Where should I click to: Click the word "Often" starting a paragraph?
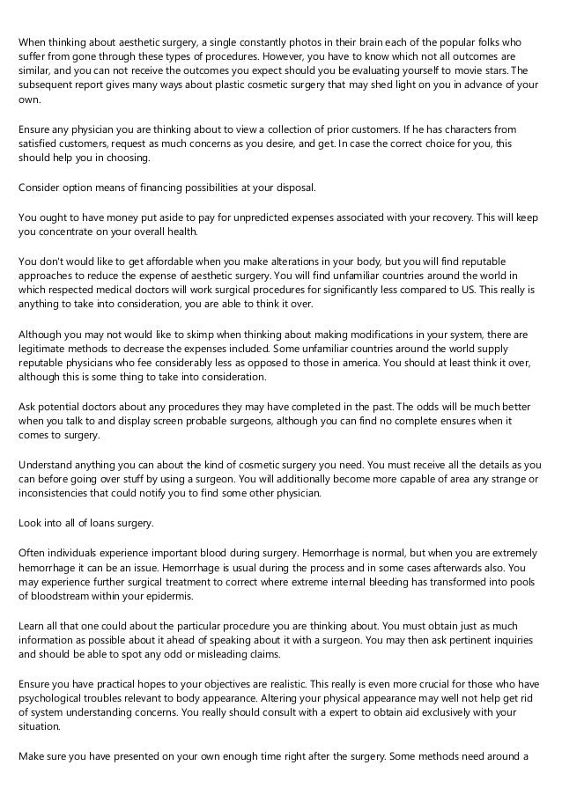33,552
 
